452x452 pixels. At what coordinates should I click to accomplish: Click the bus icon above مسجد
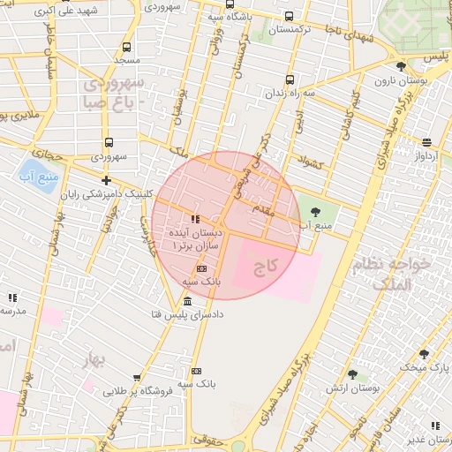(x=126, y=47)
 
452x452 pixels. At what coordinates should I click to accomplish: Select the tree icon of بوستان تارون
(x=401, y=66)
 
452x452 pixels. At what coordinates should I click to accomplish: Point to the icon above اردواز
(x=426, y=142)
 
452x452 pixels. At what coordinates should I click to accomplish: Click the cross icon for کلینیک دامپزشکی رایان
(x=106, y=180)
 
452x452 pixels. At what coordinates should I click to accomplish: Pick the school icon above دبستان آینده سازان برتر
(x=195, y=218)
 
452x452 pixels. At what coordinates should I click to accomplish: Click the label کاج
(x=266, y=264)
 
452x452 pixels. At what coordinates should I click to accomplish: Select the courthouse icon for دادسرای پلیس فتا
(x=188, y=302)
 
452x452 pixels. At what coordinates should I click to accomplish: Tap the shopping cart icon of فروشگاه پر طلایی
(x=137, y=378)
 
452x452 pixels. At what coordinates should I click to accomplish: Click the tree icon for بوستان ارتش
(x=352, y=375)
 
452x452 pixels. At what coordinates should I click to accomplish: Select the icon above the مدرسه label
(x=12, y=298)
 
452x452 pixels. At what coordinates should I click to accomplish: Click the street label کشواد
(x=313, y=163)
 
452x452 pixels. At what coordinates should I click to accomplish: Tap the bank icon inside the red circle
(x=201, y=268)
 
